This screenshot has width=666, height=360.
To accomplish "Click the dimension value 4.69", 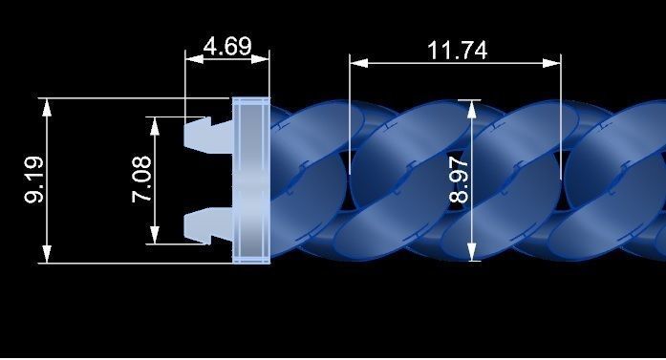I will [228, 46].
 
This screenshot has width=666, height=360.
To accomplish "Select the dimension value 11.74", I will [457, 50].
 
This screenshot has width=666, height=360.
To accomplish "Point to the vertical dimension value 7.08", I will [140, 180].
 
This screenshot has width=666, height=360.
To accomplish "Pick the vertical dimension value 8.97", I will [459, 182].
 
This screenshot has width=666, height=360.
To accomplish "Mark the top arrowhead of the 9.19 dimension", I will [45, 103].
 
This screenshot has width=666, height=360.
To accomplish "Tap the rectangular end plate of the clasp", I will [252, 180].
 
